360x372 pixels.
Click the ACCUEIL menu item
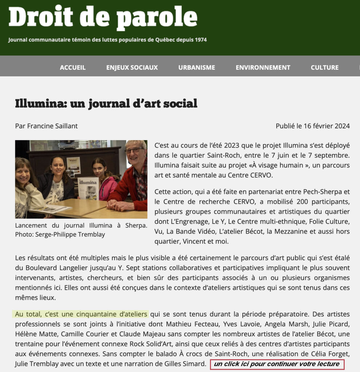click(73, 68)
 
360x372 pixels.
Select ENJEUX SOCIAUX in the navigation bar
click(132, 68)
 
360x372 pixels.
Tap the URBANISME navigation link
click(197, 68)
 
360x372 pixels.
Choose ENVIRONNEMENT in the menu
click(263, 68)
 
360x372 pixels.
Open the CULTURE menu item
click(324, 68)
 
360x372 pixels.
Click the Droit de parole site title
click(103, 18)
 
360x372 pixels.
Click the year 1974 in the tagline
click(200, 40)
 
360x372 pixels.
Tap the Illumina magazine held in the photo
click(88, 188)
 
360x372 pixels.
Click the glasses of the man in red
click(134, 150)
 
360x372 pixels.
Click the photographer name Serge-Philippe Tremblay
click(70, 234)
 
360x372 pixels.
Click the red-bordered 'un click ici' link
click(277, 364)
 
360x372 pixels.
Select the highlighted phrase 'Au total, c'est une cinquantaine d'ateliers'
click(81, 314)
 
